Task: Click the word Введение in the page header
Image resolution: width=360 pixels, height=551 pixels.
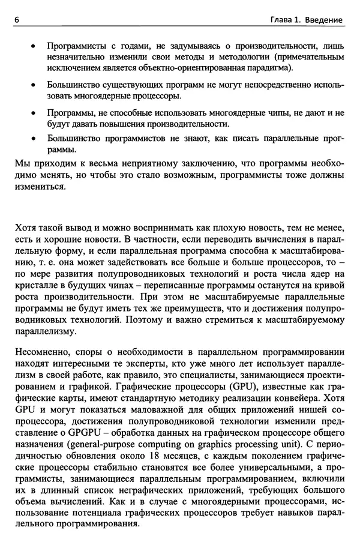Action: click(x=323, y=20)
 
